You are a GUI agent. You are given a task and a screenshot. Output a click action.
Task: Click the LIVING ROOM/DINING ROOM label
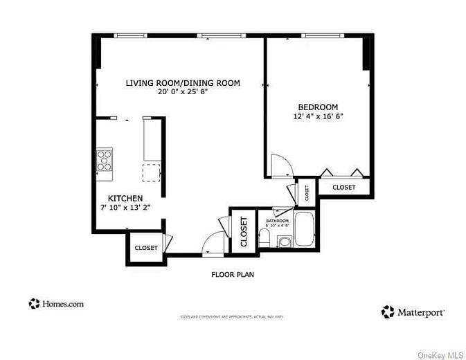coord(183,83)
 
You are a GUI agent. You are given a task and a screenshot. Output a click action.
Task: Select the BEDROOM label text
coord(318,107)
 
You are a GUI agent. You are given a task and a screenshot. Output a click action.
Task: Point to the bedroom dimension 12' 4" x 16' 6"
coord(318,116)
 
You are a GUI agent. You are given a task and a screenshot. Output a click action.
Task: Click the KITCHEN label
coord(125,198)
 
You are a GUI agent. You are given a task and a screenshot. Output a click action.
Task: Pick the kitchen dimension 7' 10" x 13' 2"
coord(125,207)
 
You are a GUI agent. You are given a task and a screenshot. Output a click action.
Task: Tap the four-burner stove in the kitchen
coord(105,160)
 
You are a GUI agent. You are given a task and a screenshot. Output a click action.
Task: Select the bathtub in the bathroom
coord(305,229)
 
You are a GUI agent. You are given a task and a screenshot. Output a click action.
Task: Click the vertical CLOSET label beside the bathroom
coord(244,232)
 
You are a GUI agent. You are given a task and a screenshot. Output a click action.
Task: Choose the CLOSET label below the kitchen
coord(146,248)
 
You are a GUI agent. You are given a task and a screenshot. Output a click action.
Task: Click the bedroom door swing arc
coord(283,165)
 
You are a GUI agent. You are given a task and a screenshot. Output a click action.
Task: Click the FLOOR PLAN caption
coord(233,275)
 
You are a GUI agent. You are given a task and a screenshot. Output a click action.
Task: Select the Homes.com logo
coord(56,303)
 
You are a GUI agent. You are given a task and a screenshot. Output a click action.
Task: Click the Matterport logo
coord(413,312)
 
